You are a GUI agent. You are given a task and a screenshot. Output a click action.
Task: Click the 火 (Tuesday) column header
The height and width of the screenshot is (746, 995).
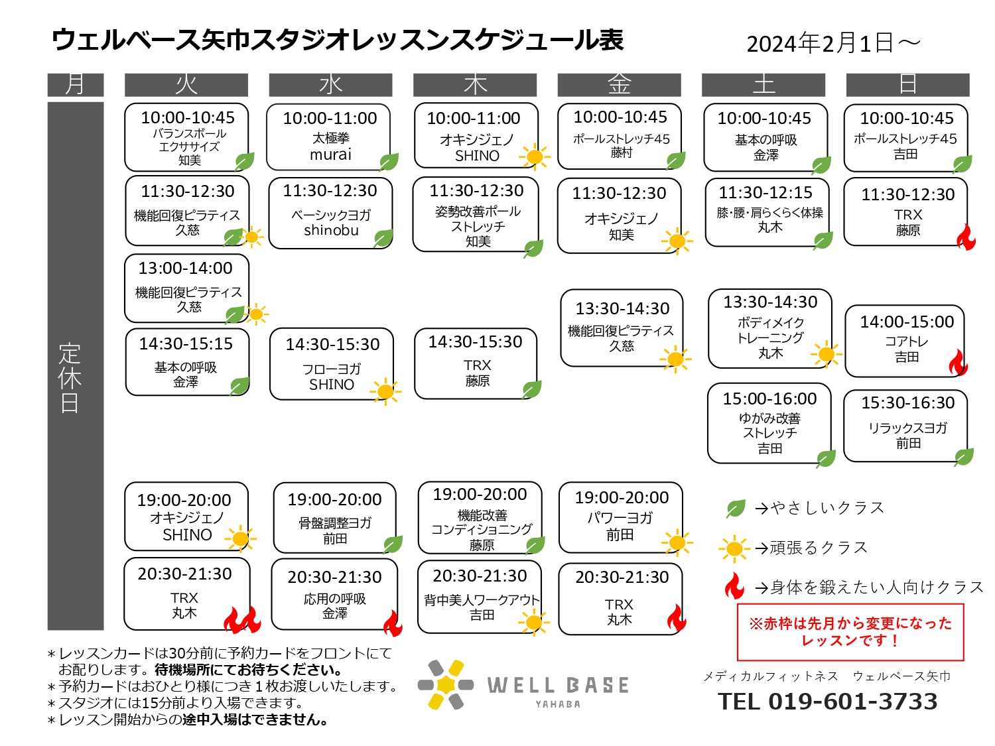point(186,85)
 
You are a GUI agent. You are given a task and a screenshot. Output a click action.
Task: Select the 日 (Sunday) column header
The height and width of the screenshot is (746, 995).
point(907,85)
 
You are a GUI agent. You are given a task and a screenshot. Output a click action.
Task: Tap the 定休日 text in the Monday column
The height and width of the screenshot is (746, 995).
point(70,377)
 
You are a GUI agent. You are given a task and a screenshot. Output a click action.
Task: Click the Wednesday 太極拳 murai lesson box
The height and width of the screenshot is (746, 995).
point(328,137)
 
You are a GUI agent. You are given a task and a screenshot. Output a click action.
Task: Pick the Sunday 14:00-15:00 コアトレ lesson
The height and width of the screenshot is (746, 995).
point(904,341)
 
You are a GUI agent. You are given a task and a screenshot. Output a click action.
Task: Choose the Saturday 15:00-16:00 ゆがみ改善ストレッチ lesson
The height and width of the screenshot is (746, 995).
point(769,422)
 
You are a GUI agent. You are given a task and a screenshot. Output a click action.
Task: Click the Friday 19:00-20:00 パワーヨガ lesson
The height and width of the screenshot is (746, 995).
point(621,517)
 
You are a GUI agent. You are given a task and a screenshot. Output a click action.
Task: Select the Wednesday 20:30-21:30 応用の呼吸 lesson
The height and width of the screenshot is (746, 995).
point(334,593)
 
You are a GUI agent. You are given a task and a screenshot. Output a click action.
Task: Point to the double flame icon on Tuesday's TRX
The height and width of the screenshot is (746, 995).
point(243,619)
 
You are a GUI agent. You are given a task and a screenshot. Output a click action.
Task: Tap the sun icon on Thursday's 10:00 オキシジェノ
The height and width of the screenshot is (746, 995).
point(535,156)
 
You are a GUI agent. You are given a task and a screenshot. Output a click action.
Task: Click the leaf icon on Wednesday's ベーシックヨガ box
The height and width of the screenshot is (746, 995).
point(383,238)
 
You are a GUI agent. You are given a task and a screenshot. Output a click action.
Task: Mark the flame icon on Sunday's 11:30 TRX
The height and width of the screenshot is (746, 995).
point(966,237)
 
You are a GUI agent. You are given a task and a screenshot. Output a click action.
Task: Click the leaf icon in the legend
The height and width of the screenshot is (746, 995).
point(735,508)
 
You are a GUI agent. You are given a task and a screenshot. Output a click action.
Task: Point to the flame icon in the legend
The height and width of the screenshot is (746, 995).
point(734,586)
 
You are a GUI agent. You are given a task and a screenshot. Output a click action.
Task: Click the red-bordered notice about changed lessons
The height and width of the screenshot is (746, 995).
point(850,632)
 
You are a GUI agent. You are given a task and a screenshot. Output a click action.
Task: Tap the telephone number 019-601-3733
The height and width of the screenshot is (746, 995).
point(852,702)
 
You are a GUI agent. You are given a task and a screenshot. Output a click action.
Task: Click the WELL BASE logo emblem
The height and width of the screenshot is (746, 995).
point(445,684)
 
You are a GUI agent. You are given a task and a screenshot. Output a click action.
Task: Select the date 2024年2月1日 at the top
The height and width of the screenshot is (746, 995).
point(820,44)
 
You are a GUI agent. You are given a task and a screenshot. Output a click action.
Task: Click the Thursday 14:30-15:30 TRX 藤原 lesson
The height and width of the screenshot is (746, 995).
point(476,363)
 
